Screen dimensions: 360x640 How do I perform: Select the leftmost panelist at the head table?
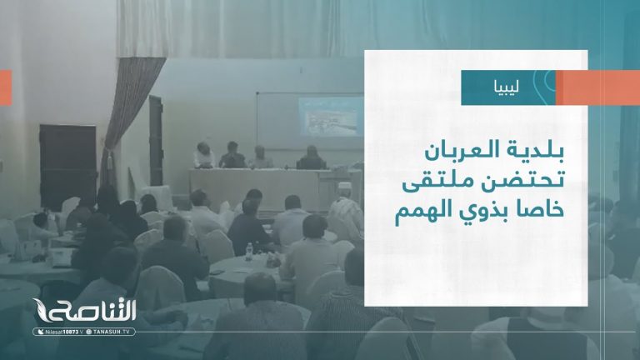click(x=202, y=155)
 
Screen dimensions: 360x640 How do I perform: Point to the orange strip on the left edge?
click(x=5, y=87)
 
